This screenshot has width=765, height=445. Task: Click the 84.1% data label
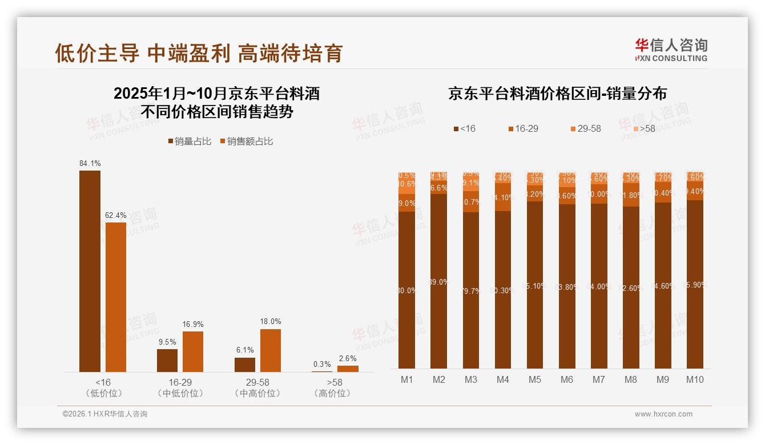[x=90, y=163]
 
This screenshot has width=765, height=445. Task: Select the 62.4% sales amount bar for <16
[x=115, y=297]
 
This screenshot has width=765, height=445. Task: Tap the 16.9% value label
[x=193, y=324]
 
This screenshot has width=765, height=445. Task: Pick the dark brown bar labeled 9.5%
[x=167, y=361]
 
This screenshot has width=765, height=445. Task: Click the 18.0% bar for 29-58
[x=271, y=350]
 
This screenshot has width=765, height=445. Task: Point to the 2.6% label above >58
[x=348, y=358]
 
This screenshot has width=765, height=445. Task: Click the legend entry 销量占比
[x=190, y=141]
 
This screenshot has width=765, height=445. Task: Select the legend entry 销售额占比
[x=246, y=141]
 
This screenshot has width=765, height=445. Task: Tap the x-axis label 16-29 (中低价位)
[x=180, y=387]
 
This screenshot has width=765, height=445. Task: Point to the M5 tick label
[x=535, y=379]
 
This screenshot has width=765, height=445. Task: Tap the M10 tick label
[x=695, y=379]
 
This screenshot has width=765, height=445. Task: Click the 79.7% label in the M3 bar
[x=471, y=290]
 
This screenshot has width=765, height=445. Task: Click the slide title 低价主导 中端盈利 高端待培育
[x=198, y=52]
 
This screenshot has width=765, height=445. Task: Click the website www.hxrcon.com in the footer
[x=663, y=414]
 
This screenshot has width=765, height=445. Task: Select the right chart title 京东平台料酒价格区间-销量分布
[x=557, y=94]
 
